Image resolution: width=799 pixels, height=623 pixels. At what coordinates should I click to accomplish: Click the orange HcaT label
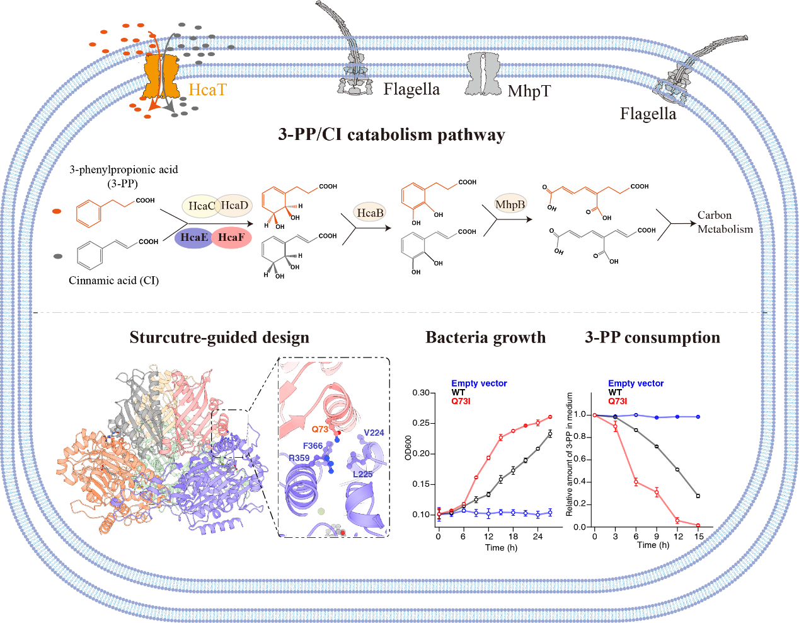point(207,90)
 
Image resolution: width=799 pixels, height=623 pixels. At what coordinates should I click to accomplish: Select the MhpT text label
point(529,91)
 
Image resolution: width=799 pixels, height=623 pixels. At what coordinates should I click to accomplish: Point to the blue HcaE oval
point(193,237)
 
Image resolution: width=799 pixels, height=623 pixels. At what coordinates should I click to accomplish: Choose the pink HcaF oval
point(231,237)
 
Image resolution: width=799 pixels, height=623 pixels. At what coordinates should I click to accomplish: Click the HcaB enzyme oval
point(370,213)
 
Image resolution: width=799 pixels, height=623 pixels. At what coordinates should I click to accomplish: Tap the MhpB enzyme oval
point(510,204)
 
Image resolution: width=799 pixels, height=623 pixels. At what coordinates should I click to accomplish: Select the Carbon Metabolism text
point(725,222)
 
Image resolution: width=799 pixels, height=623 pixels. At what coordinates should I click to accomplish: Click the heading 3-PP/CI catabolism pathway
point(391,134)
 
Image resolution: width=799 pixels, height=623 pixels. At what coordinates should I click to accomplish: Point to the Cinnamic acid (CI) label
point(113,281)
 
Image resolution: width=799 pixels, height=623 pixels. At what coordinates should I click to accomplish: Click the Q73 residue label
point(320,429)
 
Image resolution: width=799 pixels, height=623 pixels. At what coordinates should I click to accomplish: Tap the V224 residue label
point(374,433)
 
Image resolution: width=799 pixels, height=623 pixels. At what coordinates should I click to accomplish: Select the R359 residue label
point(299,458)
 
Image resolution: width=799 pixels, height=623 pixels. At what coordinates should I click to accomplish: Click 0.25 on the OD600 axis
point(421,423)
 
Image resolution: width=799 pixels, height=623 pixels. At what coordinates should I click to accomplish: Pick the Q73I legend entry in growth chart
point(461,401)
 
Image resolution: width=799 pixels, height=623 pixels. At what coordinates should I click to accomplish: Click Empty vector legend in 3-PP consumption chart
point(635,383)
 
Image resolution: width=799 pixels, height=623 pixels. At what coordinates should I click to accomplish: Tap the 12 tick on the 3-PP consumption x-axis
point(678,537)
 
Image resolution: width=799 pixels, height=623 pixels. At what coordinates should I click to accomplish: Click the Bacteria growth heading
point(485,337)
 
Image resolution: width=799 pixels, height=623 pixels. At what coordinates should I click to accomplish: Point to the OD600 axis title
point(408,448)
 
